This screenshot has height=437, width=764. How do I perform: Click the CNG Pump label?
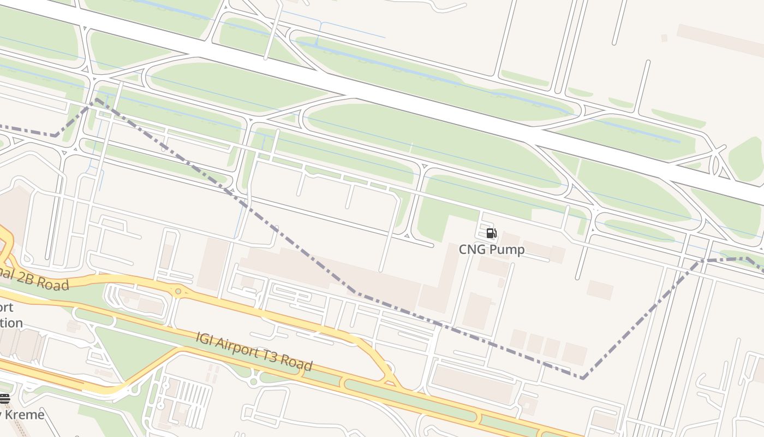pyautogui.click(x=491, y=250)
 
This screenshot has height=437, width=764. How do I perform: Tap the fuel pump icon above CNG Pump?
pyautogui.click(x=491, y=234)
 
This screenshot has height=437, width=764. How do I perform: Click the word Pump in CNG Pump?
pyautogui.click(x=506, y=250)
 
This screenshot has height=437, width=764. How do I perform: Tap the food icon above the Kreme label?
pyautogui.click(x=4, y=398)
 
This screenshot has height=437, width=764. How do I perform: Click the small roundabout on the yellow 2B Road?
pyautogui.click(x=178, y=292)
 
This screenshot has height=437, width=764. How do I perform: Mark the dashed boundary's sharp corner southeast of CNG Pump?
pyautogui.click(x=583, y=377)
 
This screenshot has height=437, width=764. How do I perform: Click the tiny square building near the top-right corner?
pyautogui.click(x=664, y=38)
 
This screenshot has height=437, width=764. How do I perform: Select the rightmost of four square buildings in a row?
pyautogui.click(x=574, y=353)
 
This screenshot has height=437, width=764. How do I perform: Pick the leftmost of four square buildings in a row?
pyautogui.click(x=518, y=339)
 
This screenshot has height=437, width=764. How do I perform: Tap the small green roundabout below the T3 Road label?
pyautogui.click(x=252, y=377)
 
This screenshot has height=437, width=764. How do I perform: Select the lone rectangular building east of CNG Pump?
pyautogui.click(x=600, y=290)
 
